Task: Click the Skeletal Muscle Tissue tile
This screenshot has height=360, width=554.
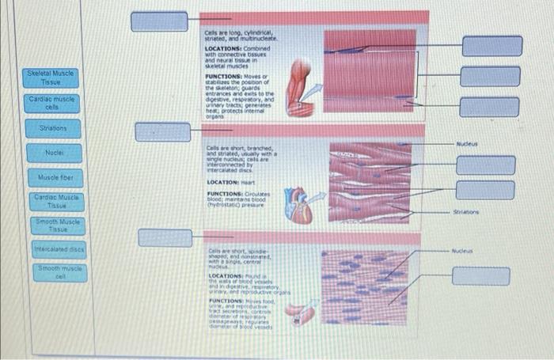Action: coord(51,77)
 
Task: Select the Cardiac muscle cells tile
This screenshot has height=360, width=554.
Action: coord(51,103)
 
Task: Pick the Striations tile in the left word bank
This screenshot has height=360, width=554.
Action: coord(51,127)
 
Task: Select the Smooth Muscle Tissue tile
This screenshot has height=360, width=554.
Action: coord(51,226)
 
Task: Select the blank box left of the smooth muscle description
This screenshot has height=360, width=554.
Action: coord(165,237)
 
